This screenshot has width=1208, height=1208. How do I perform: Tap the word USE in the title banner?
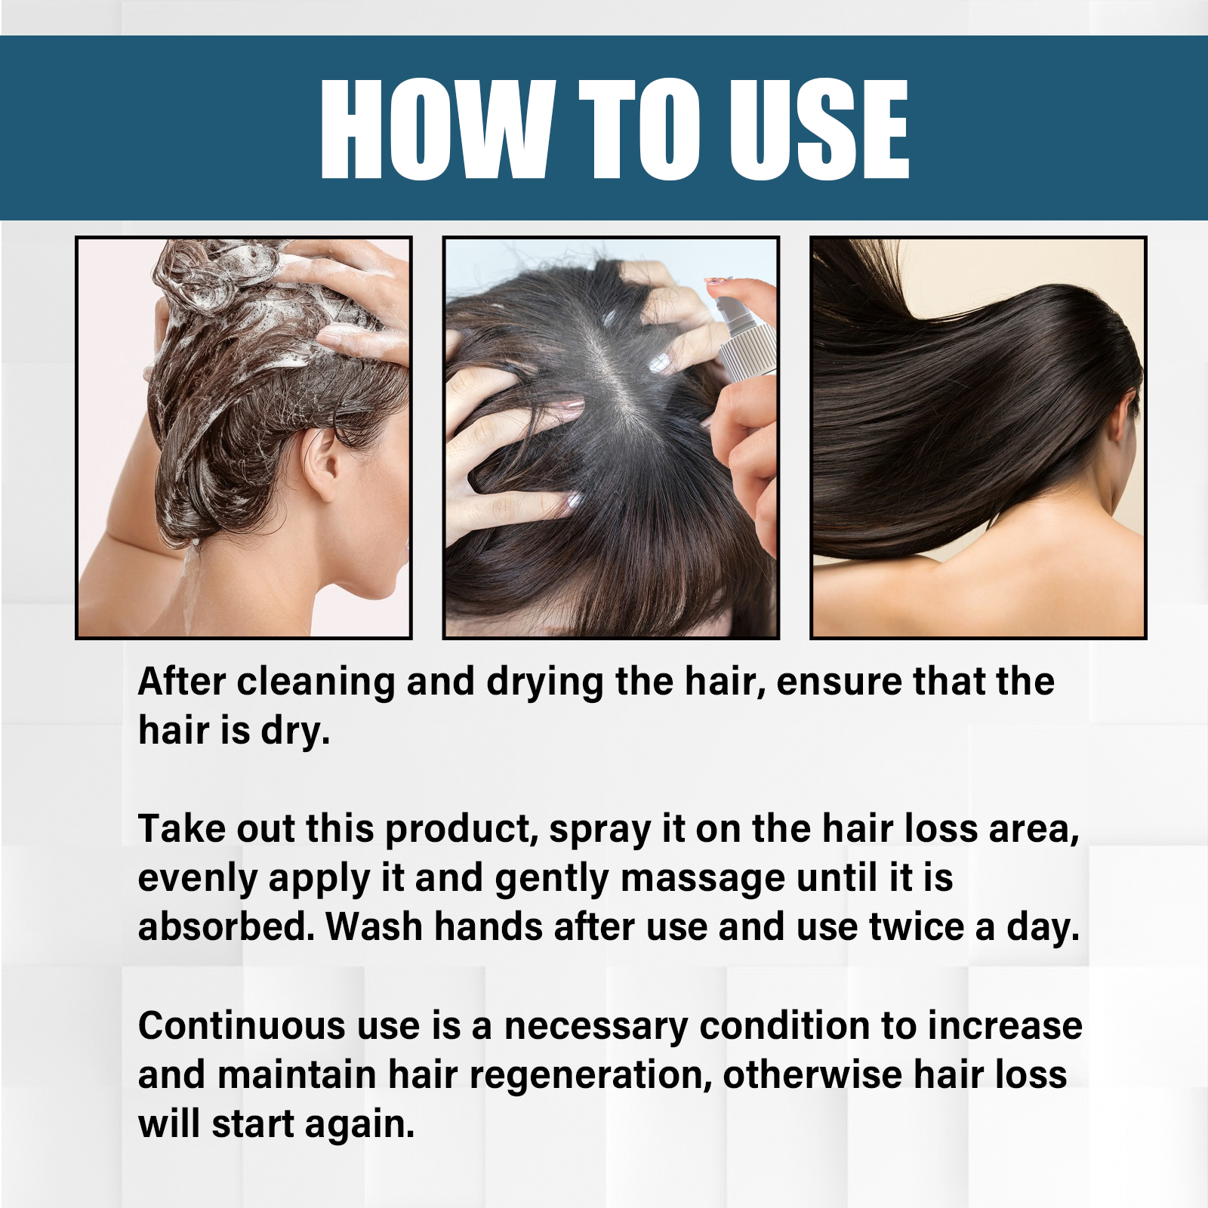(x=818, y=129)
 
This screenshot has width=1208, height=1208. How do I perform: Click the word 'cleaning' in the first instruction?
(x=316, y=683)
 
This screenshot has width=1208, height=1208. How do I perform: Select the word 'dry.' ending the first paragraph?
(x=295, y=732)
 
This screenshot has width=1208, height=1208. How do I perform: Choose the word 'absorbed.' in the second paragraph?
(x=226, y=926)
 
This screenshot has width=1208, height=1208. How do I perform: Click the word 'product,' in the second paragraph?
(x=462, y=830)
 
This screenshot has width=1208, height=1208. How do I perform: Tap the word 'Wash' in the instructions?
(x=374, y=927)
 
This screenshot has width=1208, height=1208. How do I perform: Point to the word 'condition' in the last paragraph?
(x=784, y=1026)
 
